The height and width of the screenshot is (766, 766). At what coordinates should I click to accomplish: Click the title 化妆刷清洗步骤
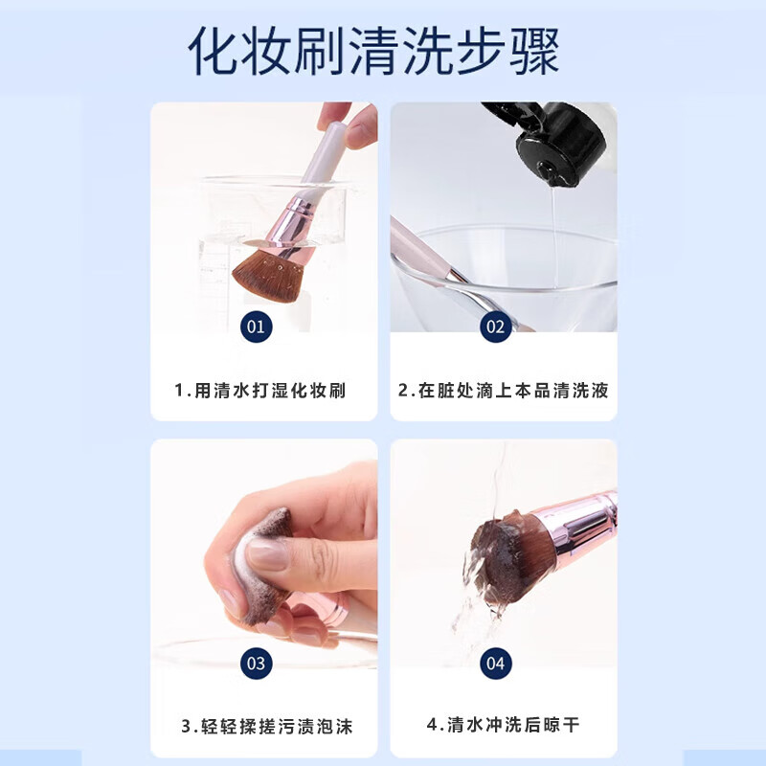pyautogui.click(x=373, y=52)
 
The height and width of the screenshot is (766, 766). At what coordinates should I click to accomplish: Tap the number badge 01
pyautogui.click(x=256, y=327)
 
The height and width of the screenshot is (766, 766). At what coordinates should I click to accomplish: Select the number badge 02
pyautogui.click(x=495, y=327)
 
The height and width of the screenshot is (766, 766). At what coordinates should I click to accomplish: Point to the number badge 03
pyautogui.click(x=256, y=664)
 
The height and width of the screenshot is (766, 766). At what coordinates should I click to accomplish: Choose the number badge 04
pyautogui.click(x=495, y=664)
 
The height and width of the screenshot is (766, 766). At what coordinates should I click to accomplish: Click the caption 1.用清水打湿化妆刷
pyautogui.click(x=259, y=391)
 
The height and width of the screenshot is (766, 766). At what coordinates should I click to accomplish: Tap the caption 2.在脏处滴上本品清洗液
pyautogui.click(x=504, y=391)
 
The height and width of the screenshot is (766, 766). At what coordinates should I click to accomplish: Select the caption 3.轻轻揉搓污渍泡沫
pyautogui.click(x=267, y=727)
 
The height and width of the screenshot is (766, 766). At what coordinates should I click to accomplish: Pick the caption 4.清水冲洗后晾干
pyautogui.click(x=504, y=725)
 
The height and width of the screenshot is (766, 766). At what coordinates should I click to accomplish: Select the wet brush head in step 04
pyautogui.click(x=504, y=557)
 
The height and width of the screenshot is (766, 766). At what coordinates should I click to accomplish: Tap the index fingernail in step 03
pyautogui.click(x=267, y=554)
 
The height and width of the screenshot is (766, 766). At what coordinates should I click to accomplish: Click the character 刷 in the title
pyautogui.click(x=321, y=52)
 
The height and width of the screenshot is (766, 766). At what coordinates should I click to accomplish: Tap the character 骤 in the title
pyautogui.click(x=534, y=52)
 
